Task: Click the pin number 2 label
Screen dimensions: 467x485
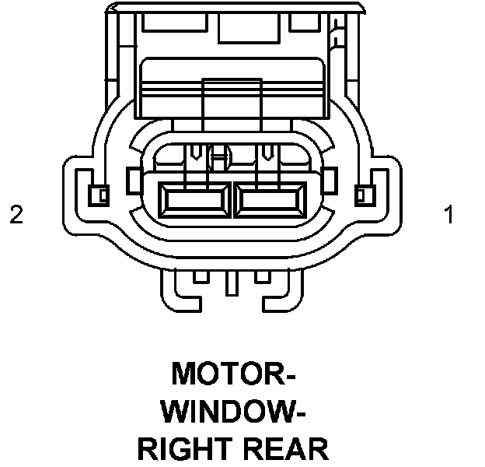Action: [16, 215]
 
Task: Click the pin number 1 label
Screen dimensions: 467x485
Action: [448, 215]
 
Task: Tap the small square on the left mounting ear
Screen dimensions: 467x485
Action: [98, 193]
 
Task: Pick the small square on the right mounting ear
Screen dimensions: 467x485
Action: [363, 193]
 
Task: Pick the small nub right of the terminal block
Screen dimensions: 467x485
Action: [329, 176]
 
